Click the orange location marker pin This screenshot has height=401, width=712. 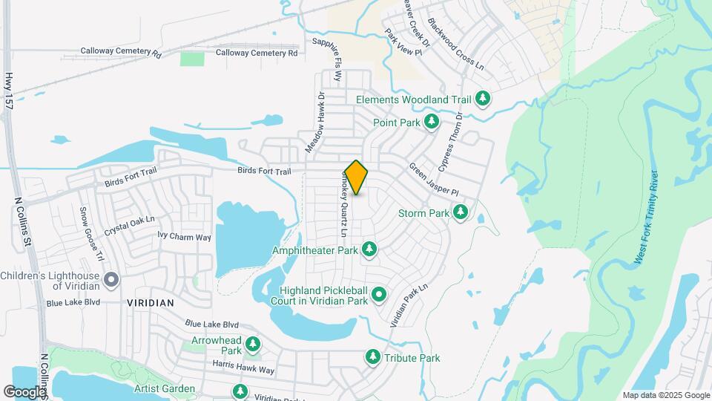[x=356, y=177]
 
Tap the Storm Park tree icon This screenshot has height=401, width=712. [x=461, y=212]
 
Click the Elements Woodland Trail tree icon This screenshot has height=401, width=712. [x=483, y=99]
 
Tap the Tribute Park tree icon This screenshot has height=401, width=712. [x=372, y=358]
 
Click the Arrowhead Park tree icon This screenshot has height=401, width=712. [x=253, y=344]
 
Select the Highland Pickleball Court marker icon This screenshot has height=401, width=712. [x=379, y=295]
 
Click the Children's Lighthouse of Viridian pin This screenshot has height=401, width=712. [x=111, y=280]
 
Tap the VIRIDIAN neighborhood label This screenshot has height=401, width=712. [x=151, y=303]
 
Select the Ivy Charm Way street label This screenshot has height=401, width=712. [x=185, y=237]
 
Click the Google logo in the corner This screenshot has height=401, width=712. [x=24, y=391]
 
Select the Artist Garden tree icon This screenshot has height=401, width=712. [x=240, y=391]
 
